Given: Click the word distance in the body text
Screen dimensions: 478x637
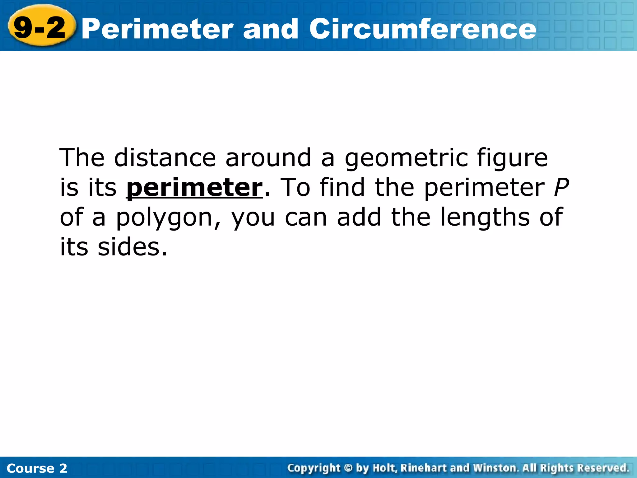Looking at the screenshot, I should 165,158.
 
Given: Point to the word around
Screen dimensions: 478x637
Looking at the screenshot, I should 268,158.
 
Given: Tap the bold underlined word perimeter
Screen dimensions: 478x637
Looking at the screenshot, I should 194,188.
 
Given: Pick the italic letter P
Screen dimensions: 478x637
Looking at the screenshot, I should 561,187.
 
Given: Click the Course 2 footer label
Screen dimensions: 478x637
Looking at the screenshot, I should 37,468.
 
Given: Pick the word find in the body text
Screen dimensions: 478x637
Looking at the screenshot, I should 342,187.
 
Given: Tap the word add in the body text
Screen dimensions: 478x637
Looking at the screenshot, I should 359,217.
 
